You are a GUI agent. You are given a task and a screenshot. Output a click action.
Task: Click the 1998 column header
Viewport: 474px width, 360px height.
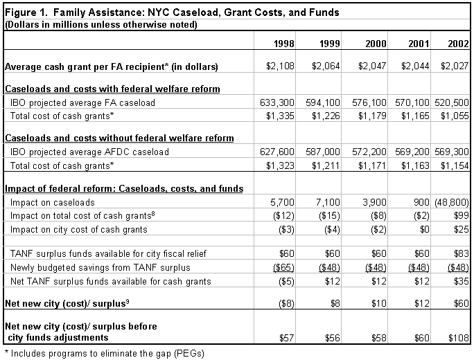(x=284, y=44)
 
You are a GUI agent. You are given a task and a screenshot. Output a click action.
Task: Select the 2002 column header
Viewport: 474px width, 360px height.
(x=458, y=44)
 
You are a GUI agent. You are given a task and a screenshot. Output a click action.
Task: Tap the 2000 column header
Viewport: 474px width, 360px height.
(x=376, y=44)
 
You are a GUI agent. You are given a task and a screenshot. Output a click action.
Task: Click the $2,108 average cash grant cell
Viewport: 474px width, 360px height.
(x=280, y=66)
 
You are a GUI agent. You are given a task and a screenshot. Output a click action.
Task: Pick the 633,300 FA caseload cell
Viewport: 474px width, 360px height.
(x=277, y=102)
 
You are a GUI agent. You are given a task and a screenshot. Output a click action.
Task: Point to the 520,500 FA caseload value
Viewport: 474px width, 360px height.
(x=452, y=102)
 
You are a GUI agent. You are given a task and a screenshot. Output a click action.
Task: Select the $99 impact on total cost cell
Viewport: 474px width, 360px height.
(x=462, y=215)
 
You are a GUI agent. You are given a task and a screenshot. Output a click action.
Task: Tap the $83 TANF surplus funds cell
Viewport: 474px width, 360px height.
(x=462, y=253)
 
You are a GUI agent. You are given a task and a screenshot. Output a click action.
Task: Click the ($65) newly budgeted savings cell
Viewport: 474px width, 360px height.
(x=283, y=268)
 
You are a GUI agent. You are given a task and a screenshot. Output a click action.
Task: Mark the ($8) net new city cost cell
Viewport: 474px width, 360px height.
(x=286, y=303)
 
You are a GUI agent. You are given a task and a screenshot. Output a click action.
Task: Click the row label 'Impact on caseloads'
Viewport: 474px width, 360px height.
(x=52, y=202)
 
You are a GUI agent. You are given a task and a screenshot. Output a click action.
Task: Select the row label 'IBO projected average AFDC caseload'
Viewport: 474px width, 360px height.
(x=89, y=152)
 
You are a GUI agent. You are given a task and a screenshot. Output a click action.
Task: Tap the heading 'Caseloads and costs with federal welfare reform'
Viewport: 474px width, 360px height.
(x=112, y=89)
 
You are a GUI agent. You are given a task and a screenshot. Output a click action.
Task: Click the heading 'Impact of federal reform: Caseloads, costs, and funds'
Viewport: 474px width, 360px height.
(x=124, y=188)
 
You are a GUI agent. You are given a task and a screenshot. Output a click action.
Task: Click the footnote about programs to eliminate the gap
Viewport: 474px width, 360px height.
(x=105, y=353)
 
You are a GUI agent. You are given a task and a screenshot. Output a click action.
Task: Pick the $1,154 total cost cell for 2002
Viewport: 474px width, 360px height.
(x=455, y=165)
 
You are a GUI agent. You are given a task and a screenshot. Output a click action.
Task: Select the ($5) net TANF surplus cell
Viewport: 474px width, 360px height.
(x=286, y=282)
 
